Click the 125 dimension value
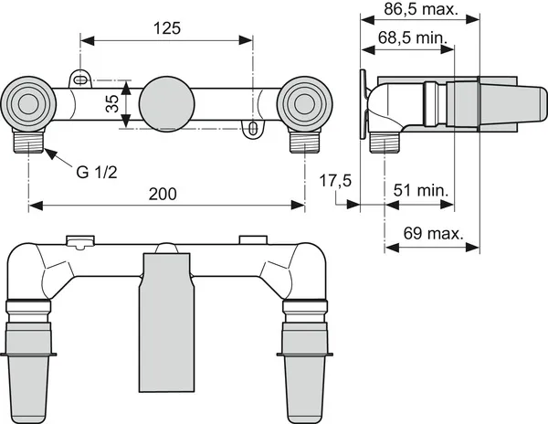[x=167, y=28]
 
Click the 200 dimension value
[x=163, y=194]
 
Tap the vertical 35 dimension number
[x=112, y=104]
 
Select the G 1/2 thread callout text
[x=97, y=173]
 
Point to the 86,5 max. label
[x=421, y=9]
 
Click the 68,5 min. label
[x=413, y=37]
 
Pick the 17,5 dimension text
[x=335, y=181]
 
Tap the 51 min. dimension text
[x=421, y=190]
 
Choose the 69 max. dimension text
[x=433, y=233]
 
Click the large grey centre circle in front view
[x=167, y=104]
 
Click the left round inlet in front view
[x=28, y=104]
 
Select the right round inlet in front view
[x=304, y=104]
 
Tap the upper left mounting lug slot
[x=80, y=80]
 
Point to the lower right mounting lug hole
[x=253, y=129]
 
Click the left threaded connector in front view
[x=29, y=140]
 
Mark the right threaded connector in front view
[x=305, y=140]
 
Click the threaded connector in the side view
[x=385, y=143]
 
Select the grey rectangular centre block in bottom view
[x=166, y=322]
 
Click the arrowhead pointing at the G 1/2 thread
[x=50, y=154]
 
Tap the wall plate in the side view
[x=364, y=104]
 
